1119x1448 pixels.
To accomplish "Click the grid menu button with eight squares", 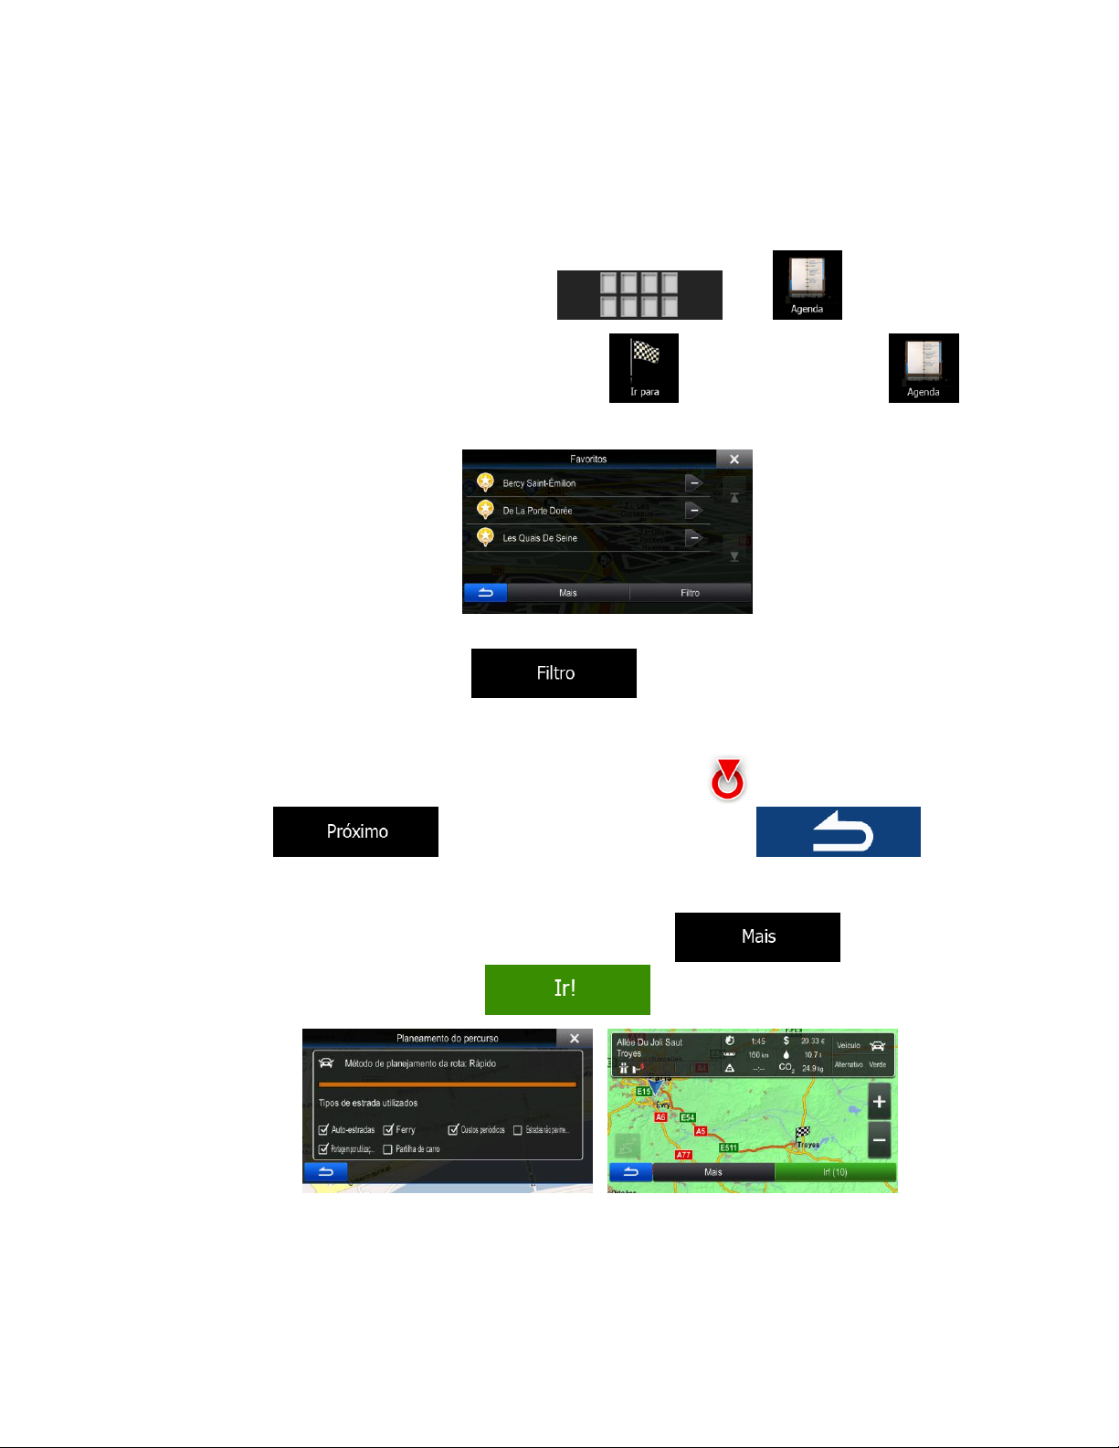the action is coord(639,294).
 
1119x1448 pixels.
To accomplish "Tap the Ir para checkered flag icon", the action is coord(644,367).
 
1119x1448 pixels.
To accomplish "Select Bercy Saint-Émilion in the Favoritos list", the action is coord(539,483).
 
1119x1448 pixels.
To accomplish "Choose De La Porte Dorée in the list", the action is coord(537,511).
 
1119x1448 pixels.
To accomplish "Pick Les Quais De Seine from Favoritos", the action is coord(540,538).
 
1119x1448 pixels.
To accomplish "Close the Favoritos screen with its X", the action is coord(734,459).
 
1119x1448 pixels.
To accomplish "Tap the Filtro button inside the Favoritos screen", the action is coord(690,593).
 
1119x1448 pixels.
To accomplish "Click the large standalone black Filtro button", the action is coord(554,673).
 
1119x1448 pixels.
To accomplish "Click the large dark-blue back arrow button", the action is coord(838,831).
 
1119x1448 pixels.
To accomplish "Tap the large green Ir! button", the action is coord(567,988).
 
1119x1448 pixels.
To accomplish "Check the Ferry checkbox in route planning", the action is coord(388,1130).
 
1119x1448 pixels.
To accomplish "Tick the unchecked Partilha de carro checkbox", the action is coord(388,1149).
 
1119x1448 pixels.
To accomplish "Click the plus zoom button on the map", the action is coord(879,1102).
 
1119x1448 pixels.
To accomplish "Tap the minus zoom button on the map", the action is coord(879,1140).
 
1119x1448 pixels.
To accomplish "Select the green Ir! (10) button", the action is coord(835,1172).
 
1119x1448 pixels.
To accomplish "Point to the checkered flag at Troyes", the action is coord(802,1134).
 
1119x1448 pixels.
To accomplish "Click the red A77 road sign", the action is coord(683,1155).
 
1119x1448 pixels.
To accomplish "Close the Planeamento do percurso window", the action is coord(574,1038).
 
